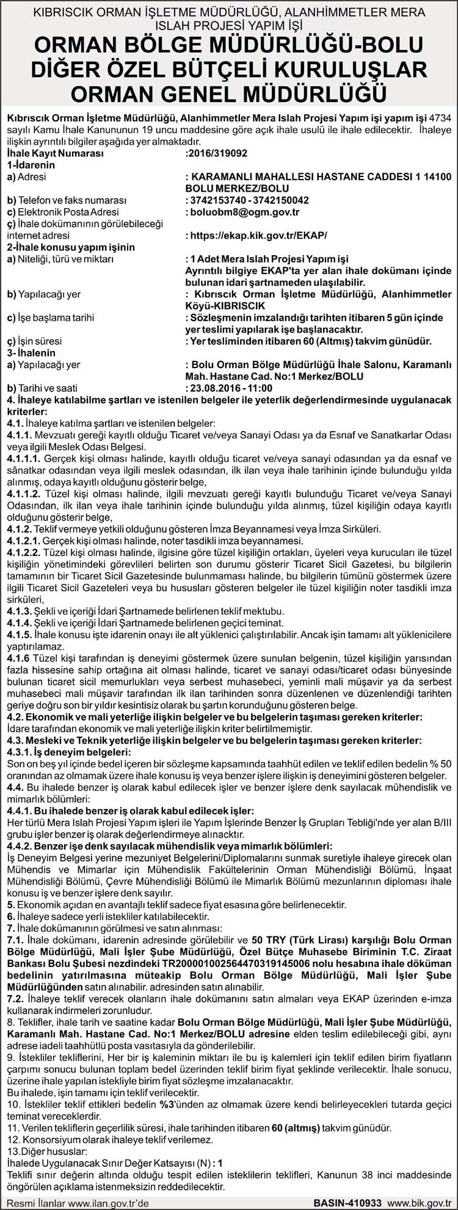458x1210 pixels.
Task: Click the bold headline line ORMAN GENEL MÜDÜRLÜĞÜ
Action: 229,93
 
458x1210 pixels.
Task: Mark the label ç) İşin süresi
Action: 34,341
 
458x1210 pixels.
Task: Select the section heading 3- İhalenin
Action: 31,353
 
